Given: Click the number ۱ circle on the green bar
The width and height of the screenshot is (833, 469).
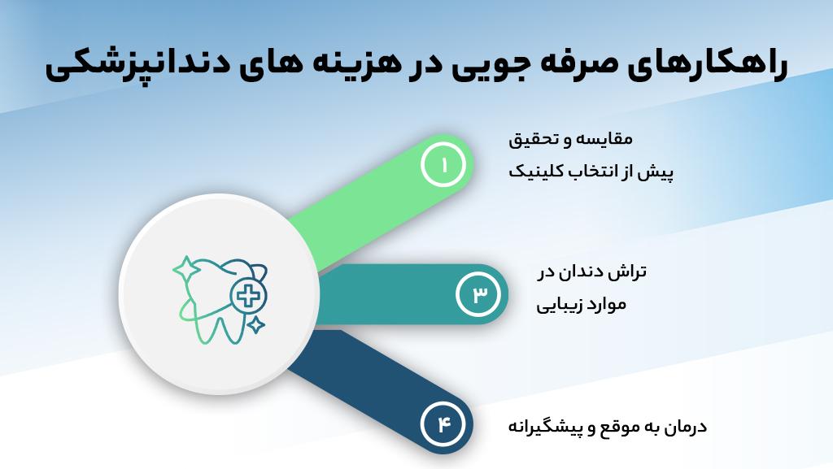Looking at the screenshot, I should [x=444, y=165].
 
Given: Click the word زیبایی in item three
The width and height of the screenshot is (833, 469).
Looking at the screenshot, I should [x=562, y=306].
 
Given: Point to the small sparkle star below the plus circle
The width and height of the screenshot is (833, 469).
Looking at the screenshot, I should [x=255, y=325].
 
